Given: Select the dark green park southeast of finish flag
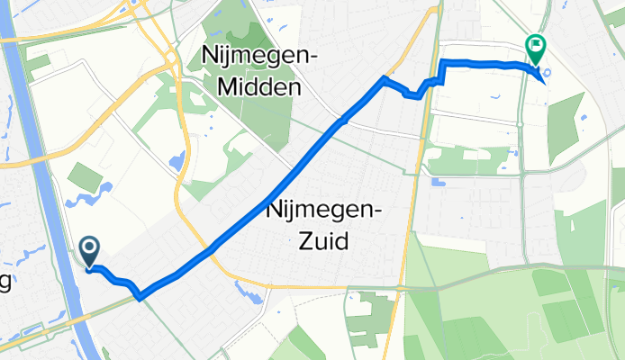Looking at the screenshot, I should [x=566, y=126].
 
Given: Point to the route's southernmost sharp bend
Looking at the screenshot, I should [x=139, y=296].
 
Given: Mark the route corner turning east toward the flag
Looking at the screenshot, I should [x=442, y=61].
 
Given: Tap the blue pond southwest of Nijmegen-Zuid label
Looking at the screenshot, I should [x=242, y=290].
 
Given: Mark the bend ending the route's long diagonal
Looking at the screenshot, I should [x=385, y=79].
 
